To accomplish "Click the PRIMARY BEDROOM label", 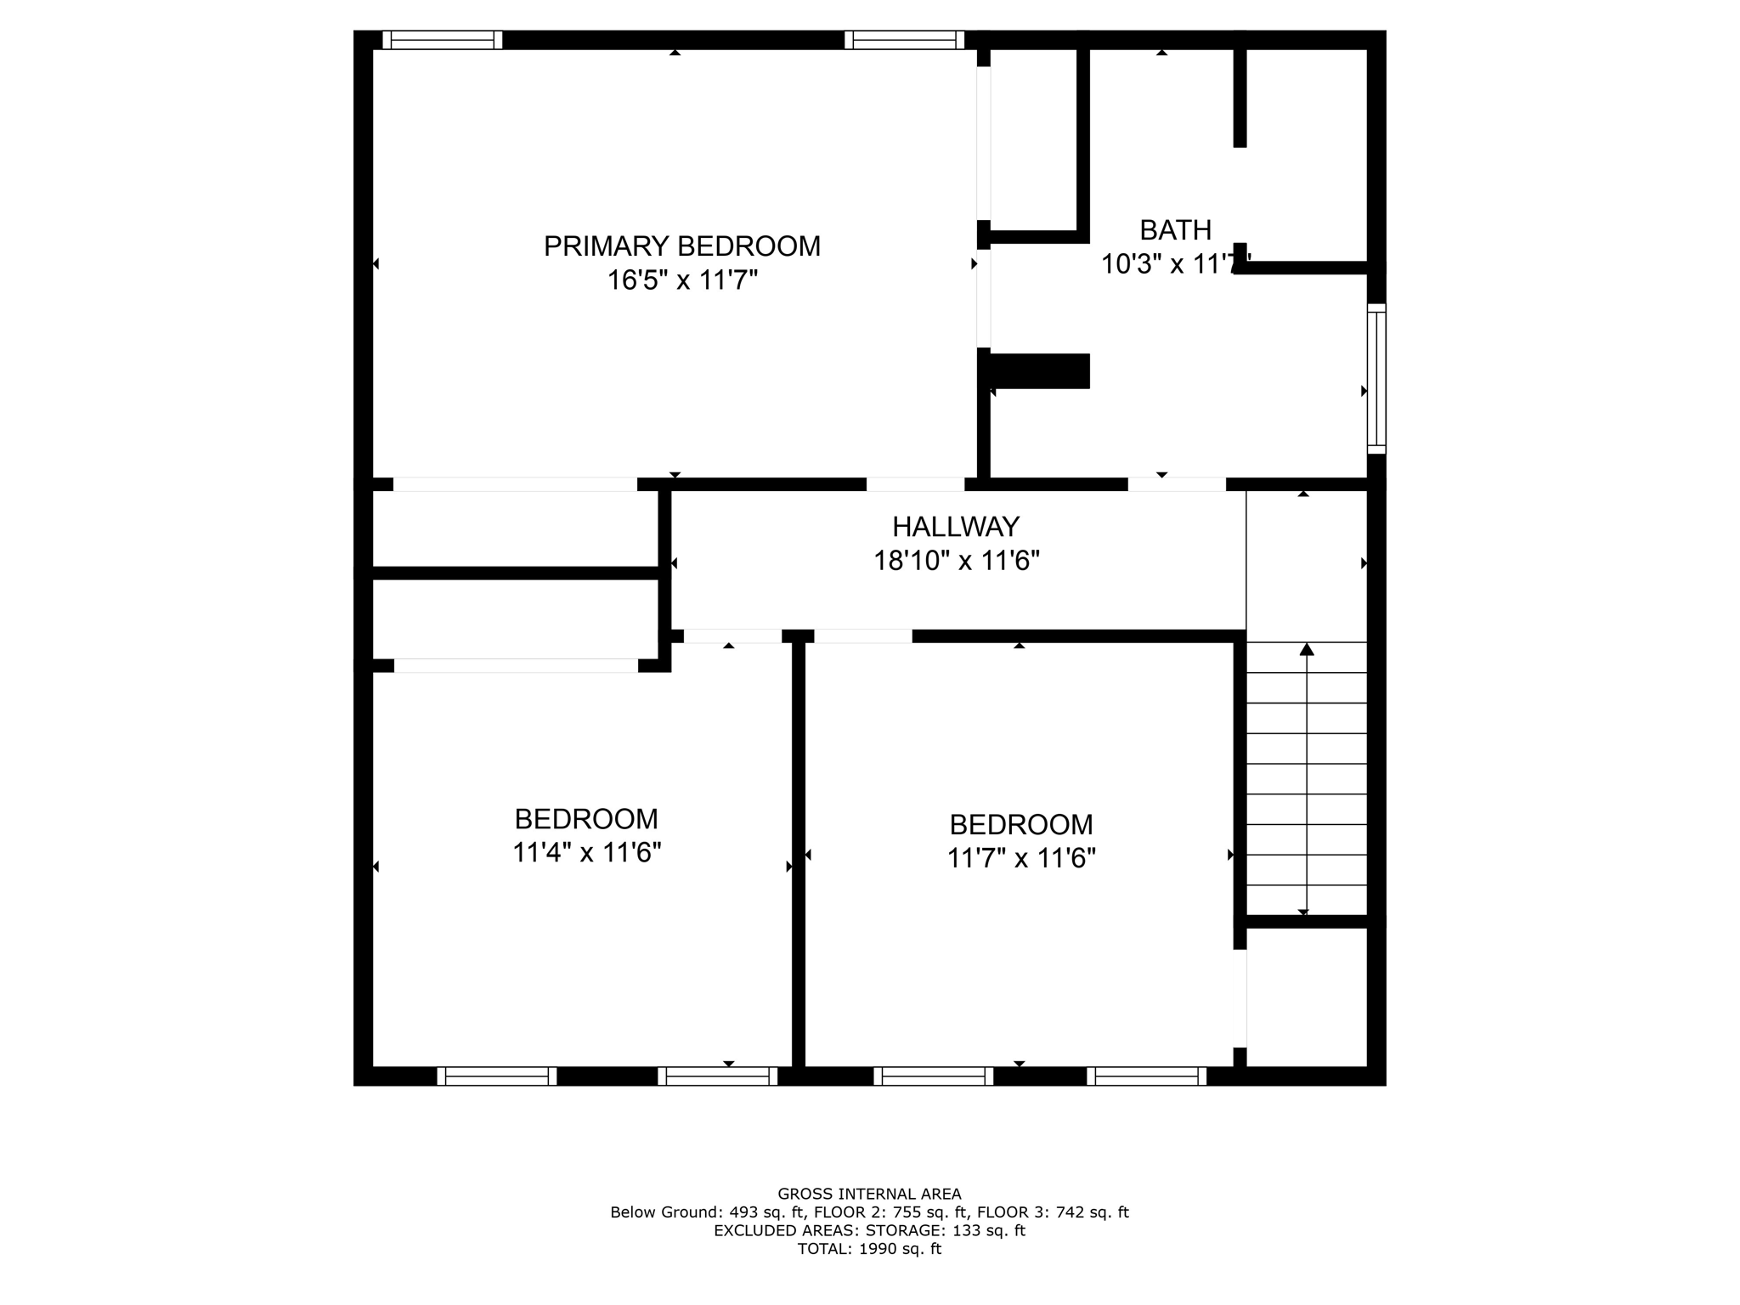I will [681, 246].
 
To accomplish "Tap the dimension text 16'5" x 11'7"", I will [681, 280].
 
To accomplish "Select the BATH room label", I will [1175, 230].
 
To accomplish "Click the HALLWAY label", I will [955, 528].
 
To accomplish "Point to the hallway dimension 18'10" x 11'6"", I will [957, 562].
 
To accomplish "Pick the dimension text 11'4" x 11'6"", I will [586, 852].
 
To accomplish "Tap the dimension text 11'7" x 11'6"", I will [1021, 858].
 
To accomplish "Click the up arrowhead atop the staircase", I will [1307, 650].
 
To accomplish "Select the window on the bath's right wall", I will [1376, 379].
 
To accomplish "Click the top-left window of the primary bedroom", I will [442, 40].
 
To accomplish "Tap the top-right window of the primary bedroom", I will [904, 40].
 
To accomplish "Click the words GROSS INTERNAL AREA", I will [869, 1194].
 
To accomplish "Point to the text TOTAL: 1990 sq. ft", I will [869, 1249].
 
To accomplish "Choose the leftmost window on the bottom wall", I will [497, 1076].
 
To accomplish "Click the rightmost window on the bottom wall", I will [1146, 1076].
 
